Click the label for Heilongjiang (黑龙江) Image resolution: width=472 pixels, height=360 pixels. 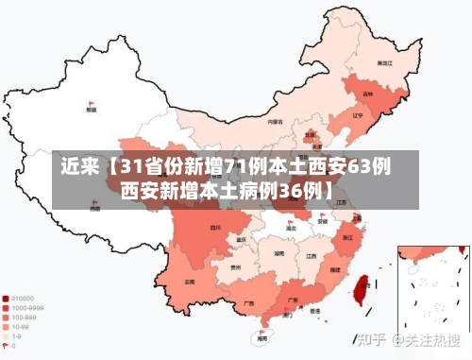coord(383,62)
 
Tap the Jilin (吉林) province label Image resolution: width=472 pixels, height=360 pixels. coord(368,94)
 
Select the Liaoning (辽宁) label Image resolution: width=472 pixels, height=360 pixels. coord(357,116)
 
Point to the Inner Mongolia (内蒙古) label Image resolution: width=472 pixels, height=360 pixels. coord(275,121)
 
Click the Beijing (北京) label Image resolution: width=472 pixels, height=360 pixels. coord(311,136)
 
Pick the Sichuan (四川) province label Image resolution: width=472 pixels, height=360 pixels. coord(215,227)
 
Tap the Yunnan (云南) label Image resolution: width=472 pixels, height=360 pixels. coord(190,281)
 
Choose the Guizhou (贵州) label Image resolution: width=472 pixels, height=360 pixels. coord(235,267)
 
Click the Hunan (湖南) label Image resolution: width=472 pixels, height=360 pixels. coord(279,253)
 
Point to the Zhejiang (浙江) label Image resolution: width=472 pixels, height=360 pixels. coord(349,236)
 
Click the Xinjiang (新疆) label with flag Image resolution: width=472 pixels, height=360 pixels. coord(91,110)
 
